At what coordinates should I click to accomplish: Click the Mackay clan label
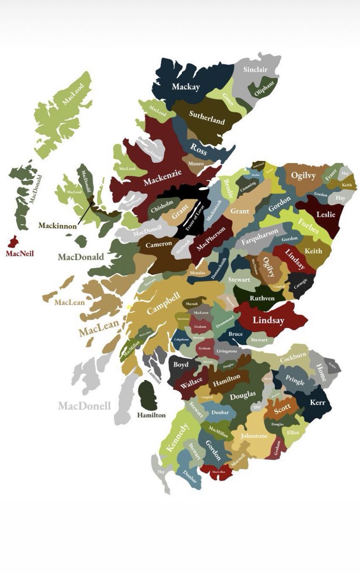(x=186, y=87)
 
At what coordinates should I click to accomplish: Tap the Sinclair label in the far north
(x=255, y=70)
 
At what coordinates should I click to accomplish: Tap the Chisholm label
(x=158, y=209)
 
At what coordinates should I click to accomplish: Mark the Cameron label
(x=159, y=244)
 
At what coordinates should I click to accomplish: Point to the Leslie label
(x=326, y=214)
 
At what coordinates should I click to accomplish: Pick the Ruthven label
(x=262, y=298)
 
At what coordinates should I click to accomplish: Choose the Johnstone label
(x=254, y=436)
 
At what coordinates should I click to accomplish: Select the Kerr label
(x=318, y=403)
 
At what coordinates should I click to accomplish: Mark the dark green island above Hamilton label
(x=148, y=395)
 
